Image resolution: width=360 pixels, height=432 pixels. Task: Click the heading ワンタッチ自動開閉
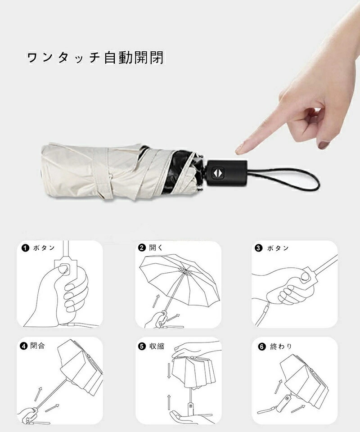[95, 58]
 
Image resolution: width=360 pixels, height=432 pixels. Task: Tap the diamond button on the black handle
[217, 173]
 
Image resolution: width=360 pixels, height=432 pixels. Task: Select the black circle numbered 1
[25, 247]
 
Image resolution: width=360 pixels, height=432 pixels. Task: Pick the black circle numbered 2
[142, 247]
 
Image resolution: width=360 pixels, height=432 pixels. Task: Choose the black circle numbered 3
[258, 248]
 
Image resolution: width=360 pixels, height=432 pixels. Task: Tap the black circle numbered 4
[24, 345]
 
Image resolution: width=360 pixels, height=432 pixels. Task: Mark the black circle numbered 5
[142, 346]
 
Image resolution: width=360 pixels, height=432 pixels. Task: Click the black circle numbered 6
[261, 346]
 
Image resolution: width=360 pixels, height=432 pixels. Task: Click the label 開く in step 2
[156, 247]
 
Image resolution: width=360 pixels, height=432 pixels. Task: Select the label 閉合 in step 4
[37, 345]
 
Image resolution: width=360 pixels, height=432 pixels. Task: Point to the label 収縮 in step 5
[157, 346]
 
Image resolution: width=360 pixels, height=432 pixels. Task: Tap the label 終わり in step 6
[281, 346]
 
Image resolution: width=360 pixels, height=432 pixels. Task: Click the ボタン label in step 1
[44, 248]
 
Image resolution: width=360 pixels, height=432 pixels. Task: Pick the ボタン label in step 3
[278, 248]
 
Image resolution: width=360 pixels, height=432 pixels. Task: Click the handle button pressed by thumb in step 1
[65, 268]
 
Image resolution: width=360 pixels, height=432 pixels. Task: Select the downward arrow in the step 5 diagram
[169, 371]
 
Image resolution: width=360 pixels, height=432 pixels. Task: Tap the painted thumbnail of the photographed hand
[324, 144]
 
